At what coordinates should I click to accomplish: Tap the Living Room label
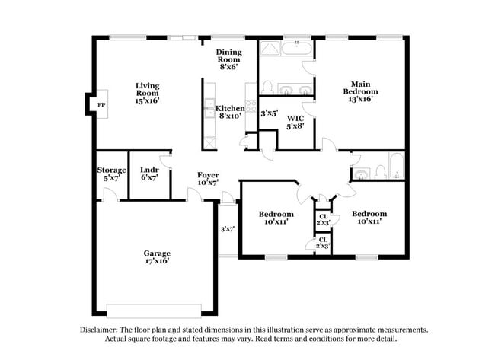pyautogui.click(x=147, y=92)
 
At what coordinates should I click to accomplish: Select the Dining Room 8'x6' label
pyautogui.click(x=228, y=59)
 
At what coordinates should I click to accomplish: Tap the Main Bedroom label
pyautogui.click(x=360, y=91)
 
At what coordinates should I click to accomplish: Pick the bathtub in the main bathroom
pyautogui.click(x=297, y=49)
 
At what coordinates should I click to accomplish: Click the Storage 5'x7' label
pyautogui.click(x=111, y=174)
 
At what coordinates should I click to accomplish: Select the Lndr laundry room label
pyautogui.click(x=148, y=174)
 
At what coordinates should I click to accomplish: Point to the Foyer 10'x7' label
pyautogui.click(x=208, y=180)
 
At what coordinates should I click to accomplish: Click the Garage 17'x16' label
pyautogui.click(x=157, y=256)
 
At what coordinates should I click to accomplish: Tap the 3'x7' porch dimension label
pyautogui.click(x=227, y=228)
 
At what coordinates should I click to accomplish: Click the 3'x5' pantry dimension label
pyautogui.click(x=269, y=113)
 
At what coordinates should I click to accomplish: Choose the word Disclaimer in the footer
pyautogui.click(x=103, y=330)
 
